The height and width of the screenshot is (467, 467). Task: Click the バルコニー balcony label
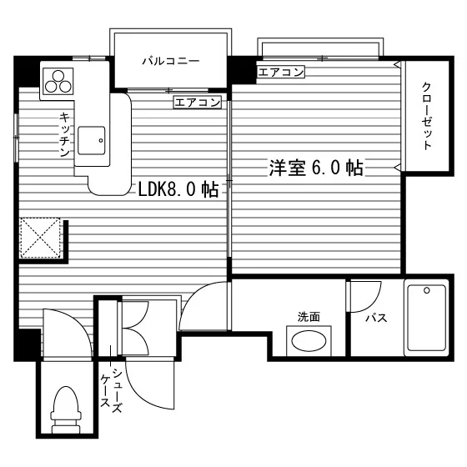(171, 62)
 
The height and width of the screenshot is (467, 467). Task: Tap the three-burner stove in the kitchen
(58, 82)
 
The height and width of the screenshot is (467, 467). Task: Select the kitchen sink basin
(92, 140)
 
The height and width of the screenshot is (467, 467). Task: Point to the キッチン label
(65, 134)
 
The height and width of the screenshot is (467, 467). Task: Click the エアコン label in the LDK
(198, 103)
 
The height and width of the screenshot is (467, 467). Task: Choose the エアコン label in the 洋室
(281, 72)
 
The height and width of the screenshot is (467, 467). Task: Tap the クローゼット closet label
(427, 116)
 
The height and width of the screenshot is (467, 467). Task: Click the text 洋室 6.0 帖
(316, 168)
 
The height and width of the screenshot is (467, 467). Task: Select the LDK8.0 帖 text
(178, 189)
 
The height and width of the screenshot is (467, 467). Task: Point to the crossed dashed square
(40, 238)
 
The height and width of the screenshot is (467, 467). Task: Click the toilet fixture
(66, 410)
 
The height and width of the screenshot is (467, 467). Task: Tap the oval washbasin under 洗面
(309, 341)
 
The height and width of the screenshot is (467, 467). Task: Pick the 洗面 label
(309, 317)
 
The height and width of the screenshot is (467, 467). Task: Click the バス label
(376, 318)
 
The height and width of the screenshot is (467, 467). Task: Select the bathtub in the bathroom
(426, 318)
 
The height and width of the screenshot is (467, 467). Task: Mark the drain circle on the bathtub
(427, 290)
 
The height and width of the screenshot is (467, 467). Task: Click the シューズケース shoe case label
(112, 390)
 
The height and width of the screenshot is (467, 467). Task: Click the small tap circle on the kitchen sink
(101, 141)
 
